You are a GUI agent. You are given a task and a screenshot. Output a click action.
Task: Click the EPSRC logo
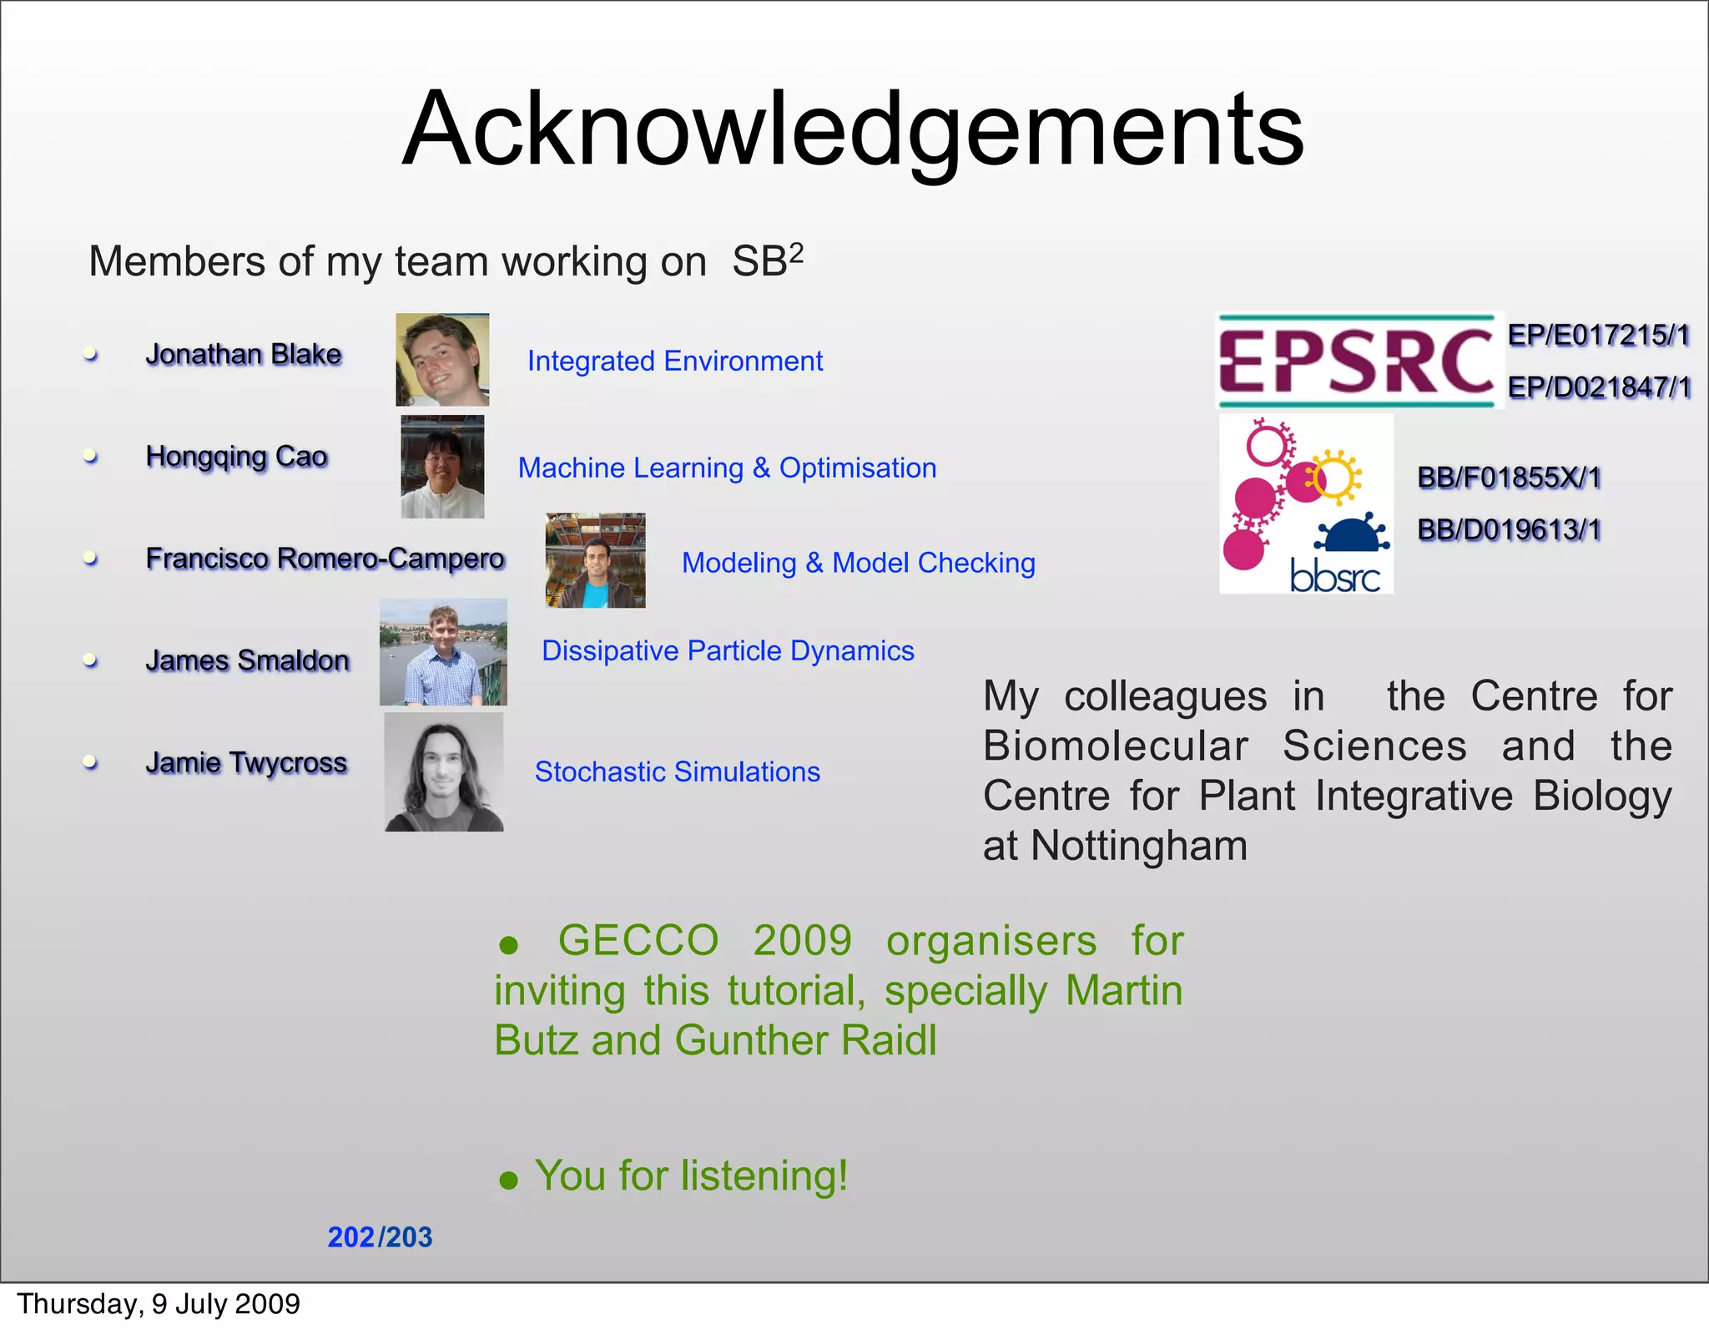click(1356, 361)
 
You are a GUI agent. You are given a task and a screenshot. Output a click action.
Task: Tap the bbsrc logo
click(1306, 504)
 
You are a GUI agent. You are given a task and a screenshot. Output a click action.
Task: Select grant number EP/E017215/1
click(1598, 336)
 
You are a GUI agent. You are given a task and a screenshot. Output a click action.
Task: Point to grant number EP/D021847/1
click(1598, 387)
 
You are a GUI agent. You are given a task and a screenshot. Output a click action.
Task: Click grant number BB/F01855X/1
click(1509, 478)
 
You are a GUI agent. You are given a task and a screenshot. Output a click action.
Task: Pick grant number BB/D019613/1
click(1509, 529)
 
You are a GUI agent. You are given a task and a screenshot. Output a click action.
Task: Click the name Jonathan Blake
click(244, 354)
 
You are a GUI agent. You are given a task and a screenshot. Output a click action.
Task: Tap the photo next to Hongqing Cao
click(442, 467)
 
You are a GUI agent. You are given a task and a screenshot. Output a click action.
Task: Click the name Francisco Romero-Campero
click(325, 558)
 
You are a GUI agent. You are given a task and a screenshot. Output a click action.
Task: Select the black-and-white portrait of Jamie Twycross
click(444, 772)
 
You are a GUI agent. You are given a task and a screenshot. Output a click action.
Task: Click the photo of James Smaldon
click(443, 652)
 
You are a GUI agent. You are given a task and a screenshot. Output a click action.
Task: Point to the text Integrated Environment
click(674, 361)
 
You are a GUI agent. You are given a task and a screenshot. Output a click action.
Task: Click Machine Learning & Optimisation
click(727, 468)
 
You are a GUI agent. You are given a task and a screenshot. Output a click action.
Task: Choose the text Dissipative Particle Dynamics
click(728, 650)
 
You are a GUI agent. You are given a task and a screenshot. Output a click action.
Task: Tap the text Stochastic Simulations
click(677, 771)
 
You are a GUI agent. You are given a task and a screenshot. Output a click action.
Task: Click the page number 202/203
click(380, 1236)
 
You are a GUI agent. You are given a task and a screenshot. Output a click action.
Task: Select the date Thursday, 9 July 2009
click(159, 1304)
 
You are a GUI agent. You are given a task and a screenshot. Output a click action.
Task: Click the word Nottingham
click(1139, 846)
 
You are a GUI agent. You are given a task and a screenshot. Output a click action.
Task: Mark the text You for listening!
click(691, 1176)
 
